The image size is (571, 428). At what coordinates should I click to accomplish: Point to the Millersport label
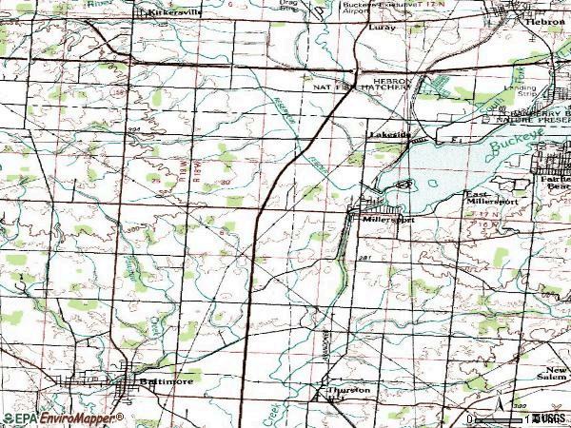pyautogui.click(x=387, y=219)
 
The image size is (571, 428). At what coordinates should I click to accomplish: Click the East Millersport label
pyautogui.click(x=491, y=199)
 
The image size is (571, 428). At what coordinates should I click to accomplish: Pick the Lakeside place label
pyautogui.click(x=389, y=135)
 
